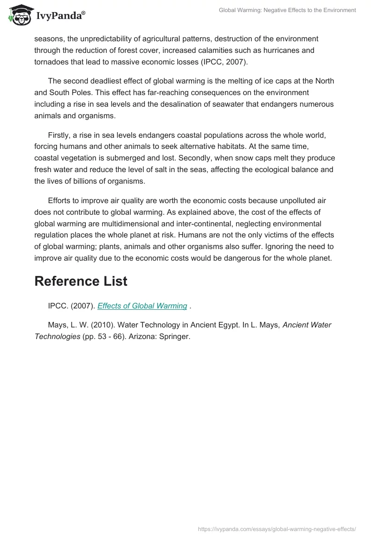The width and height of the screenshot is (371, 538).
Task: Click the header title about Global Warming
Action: click(287, 10)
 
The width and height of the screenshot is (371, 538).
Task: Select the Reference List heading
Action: click(81, 281)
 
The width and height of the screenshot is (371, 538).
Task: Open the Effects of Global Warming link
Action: click(142, 306)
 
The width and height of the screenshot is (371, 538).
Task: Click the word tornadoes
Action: click(53, 62)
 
